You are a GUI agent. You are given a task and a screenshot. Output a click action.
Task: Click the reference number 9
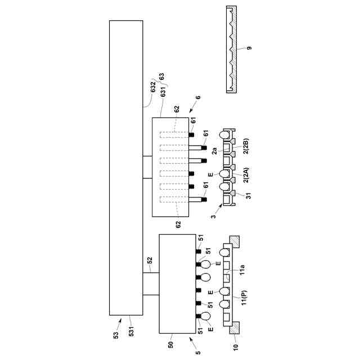249,48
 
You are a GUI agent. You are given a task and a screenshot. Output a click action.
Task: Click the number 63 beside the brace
162,76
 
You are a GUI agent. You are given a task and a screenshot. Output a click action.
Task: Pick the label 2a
215,151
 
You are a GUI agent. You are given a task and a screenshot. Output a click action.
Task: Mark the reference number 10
235,347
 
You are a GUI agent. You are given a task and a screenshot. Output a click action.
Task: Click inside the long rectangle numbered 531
125,169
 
